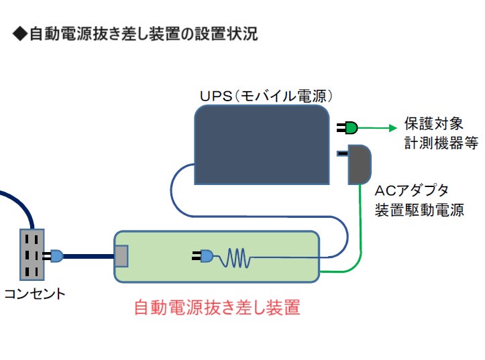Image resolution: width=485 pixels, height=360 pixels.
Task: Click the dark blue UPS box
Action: (x=262, y=145)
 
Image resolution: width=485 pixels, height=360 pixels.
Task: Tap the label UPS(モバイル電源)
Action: (x=266, y=96)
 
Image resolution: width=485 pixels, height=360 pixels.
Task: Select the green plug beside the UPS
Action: (x=347, y=127)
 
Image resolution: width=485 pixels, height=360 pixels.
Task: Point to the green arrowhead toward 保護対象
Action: (x=393, y=128)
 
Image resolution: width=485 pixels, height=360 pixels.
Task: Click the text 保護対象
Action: (x=433, y=123)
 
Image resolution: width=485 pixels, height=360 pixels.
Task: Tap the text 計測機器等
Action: (x=441, y=143)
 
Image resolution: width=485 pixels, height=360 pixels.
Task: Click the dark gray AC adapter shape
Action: (x=359, y=164)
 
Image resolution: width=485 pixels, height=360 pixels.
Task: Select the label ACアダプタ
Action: (x=411, y=190)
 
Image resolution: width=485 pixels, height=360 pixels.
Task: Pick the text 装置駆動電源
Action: (x=419, y=210)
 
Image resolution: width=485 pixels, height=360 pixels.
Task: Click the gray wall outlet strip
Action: (x=32, y=255)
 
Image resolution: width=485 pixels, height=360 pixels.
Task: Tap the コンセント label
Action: (x=35, y=294)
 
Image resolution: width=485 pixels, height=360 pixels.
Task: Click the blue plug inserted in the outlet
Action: (x=53, y=256)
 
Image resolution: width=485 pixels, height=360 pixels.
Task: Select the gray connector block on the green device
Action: (x=121, y=256)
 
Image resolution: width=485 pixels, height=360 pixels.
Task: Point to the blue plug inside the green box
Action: (x=203, y=256)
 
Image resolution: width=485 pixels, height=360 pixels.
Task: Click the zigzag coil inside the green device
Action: (x=235, y=257)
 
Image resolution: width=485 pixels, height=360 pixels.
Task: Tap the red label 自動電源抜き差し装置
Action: (x=217, y=308)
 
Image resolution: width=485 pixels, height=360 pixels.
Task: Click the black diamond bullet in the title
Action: (x=20, y=34)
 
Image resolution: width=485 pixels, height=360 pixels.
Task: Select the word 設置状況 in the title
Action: (x=227, y=34)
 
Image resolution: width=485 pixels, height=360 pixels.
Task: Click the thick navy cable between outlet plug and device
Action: (x=89, y=256)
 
